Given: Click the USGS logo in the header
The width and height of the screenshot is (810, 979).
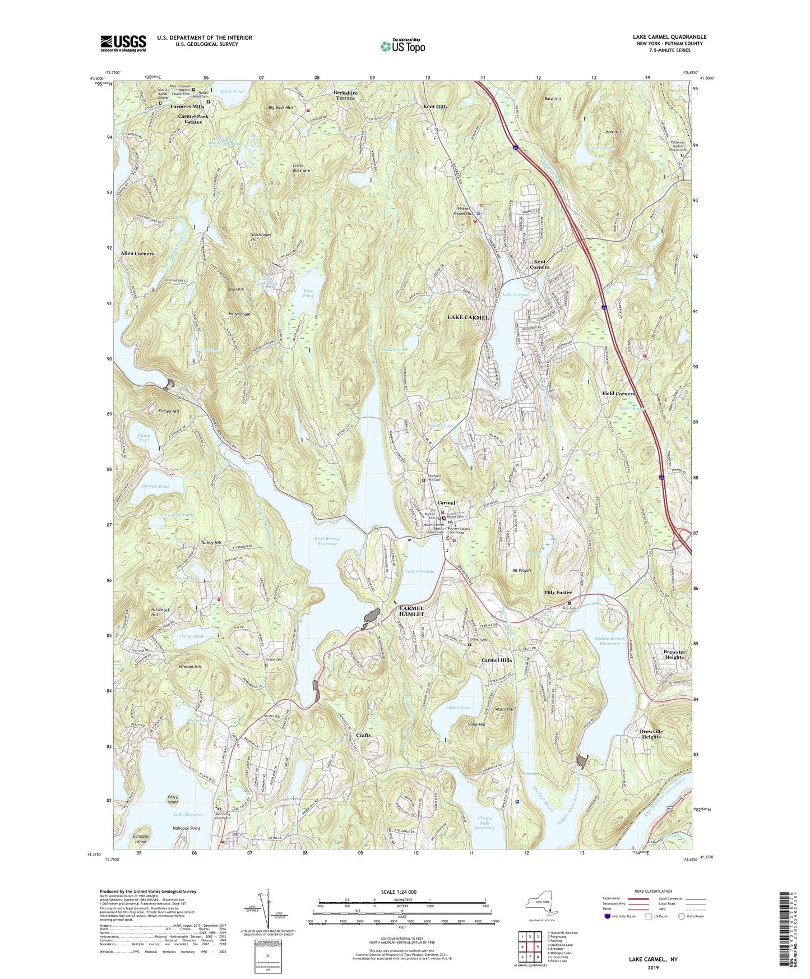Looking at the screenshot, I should (x=123, y=43).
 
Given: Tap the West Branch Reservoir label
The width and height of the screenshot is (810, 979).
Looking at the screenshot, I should (x=327, y=541).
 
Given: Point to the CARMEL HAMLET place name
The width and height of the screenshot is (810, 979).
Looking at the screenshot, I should (x=416, y=611).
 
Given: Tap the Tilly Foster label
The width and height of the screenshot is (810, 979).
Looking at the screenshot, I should (x=558, y=593).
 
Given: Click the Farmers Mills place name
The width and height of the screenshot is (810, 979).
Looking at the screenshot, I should (x=187, y=107).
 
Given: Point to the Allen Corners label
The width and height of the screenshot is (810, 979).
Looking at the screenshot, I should (x=137, y=253).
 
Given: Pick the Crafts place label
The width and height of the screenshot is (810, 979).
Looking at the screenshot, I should (x=363, y=735).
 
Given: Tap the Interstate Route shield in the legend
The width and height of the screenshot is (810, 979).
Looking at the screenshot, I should (x=608, y=916).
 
